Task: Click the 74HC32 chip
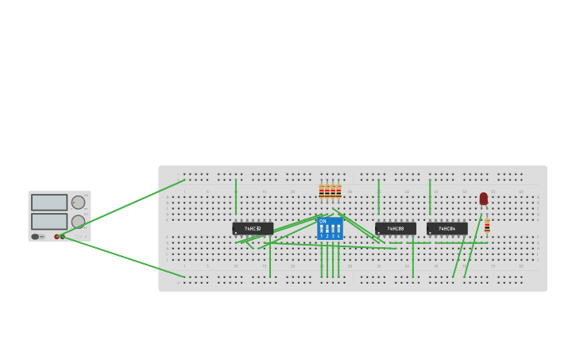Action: tap(253, 229)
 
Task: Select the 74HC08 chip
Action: tap(396, 229)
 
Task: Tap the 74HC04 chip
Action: tap(446, 229)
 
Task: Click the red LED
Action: tap(484, 199)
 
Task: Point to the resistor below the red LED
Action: tap(487, 226)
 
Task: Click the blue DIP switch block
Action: tap(330, 229)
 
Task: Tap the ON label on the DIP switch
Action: tap(323, 221)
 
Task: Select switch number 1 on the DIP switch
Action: tap(322, 230)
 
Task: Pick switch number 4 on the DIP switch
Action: tap(338, 230)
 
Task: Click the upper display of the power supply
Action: tap(49, 203)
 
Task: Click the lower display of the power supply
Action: tap(49, 221)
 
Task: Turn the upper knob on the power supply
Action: tap(78, 203)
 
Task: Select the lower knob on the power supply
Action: tap(78, 222)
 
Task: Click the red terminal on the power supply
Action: tap(56, 237)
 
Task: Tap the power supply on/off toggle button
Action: tap(35, 237)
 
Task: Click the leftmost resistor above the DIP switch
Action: tap(321, 191)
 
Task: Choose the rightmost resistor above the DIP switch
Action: tap(338, 191)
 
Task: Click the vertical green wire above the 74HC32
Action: tap(236, 196)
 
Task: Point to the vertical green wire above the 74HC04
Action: tap(430, 196)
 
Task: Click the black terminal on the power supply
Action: tap(63, 237)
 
